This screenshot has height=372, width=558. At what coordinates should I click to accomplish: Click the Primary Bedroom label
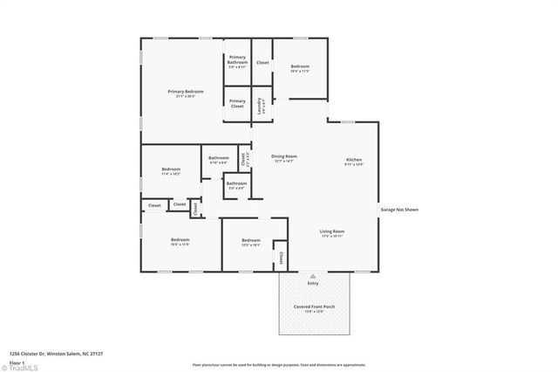tap(187, 92)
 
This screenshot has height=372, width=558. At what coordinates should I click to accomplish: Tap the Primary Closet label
tap(237, 102)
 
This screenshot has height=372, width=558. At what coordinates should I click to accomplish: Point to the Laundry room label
tap(261, 107)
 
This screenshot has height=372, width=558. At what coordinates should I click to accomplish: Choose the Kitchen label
tap(354, 161)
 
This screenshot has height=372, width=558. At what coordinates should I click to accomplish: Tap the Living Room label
tap(332, 232)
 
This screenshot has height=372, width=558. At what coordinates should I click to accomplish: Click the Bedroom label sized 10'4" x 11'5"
tap(300, 68)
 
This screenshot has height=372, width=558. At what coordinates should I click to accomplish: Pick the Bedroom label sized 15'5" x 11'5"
tap(180, 241)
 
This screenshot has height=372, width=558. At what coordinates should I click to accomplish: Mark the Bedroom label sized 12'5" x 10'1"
tap(251, 242)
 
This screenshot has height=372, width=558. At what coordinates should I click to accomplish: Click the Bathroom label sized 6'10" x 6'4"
tap(218, 160)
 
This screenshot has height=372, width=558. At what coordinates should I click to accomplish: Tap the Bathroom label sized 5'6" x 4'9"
tap(236, 184)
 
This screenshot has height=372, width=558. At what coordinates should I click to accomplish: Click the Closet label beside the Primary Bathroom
tap(262, 63)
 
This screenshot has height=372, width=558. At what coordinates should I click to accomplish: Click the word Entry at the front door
tap(313, 283)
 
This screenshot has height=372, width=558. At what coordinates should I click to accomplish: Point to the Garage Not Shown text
tap(399, 210)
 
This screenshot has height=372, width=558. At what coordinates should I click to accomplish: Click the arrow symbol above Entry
tap(313, 274)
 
